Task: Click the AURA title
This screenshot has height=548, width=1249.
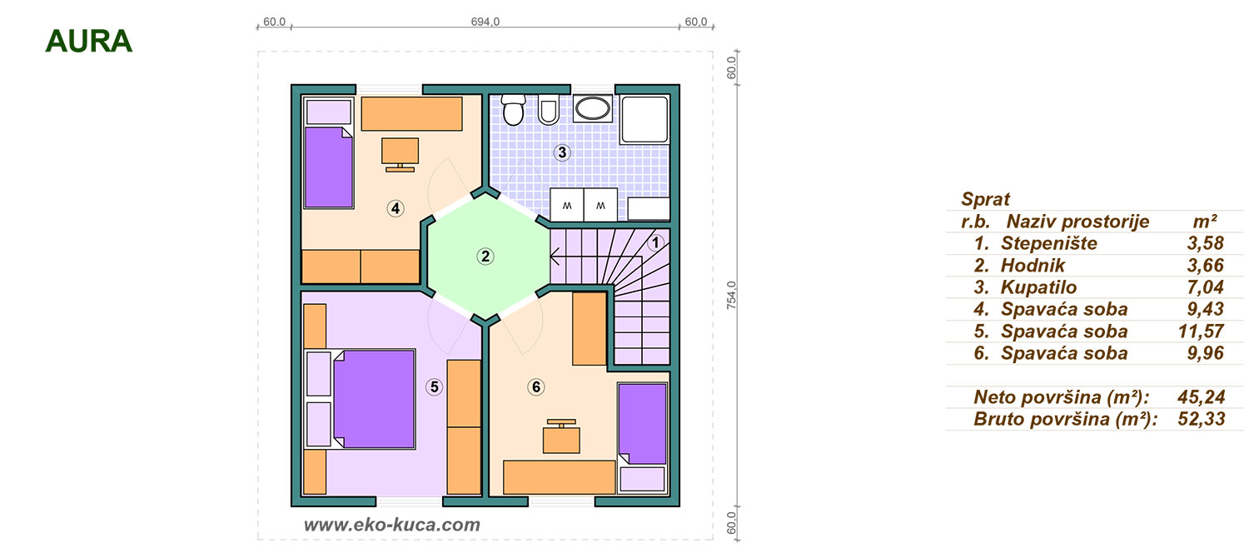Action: (88, 42)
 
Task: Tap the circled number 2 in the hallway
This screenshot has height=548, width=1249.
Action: (485, 257)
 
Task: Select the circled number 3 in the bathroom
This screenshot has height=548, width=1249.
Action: (561, 152)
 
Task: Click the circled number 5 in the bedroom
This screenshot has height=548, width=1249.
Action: (434, 387)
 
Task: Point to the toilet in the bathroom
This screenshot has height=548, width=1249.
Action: (513, 109)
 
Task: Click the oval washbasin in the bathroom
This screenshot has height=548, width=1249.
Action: (592, 109)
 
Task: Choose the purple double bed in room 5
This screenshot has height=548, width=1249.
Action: (374, 399)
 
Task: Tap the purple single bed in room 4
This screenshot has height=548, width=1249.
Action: (329, 167)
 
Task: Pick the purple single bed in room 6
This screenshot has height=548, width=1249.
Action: (642, 424)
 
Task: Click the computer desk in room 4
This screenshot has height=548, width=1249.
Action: (400, 154)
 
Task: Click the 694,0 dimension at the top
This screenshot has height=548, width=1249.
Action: (485, 22)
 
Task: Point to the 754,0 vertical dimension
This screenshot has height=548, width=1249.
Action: (731, 295)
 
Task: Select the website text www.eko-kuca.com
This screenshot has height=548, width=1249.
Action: (392, 525)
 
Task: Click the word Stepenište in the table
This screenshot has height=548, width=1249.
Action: (1049, 243)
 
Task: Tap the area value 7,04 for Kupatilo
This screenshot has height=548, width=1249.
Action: (1205, 287)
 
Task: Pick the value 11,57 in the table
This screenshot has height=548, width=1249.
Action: (1201, 331)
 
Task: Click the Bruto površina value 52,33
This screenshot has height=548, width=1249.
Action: (1201, 419)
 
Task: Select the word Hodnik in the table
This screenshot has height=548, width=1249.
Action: (1033, 266)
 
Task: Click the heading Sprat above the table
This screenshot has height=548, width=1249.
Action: (985, 199)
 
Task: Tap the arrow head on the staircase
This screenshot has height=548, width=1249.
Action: (555, 257)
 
